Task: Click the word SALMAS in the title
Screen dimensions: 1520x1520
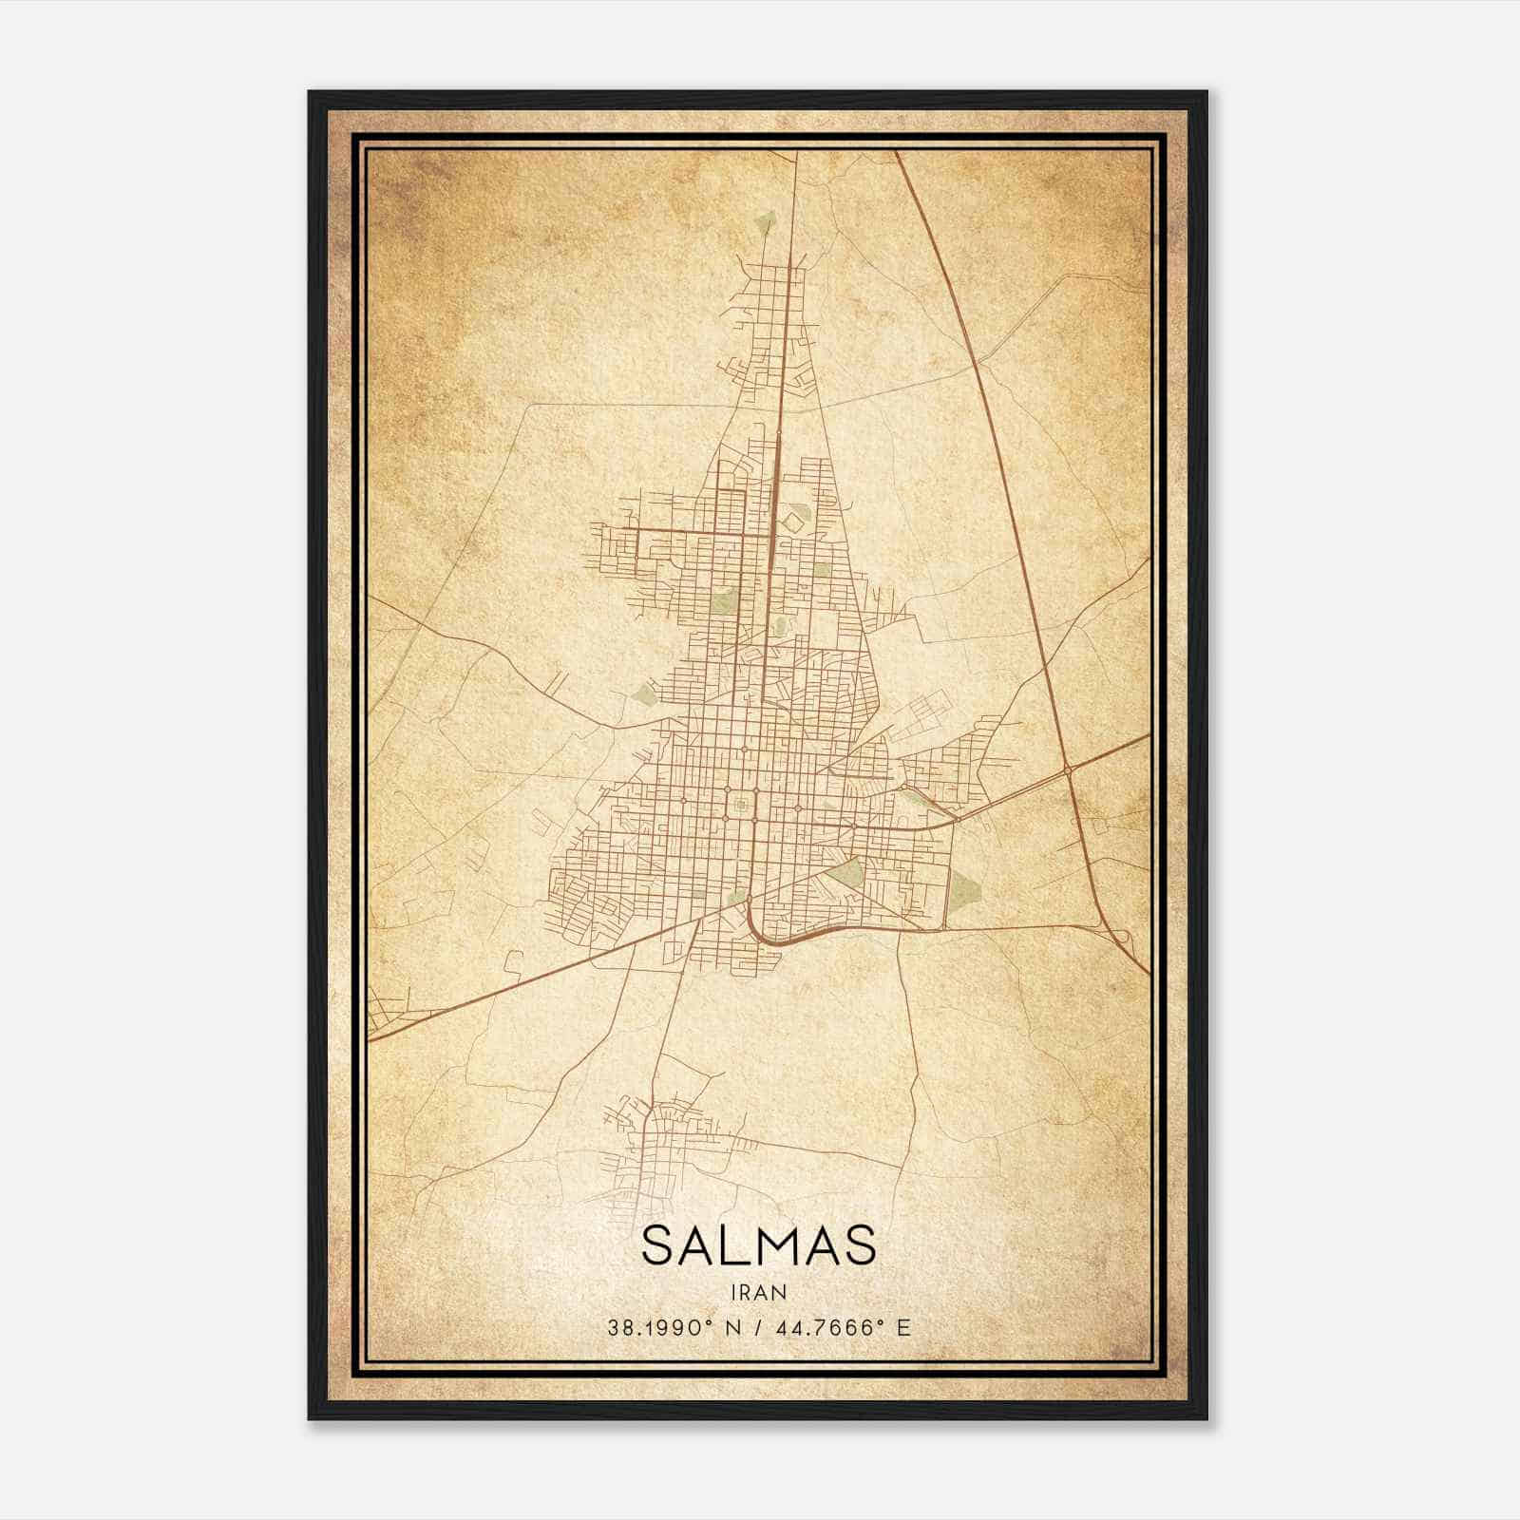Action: [758, 1245]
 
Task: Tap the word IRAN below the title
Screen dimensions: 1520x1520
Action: [758, 1292]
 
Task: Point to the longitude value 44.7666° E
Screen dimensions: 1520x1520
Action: [844, 1327]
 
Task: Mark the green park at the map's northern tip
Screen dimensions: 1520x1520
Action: [767, 224]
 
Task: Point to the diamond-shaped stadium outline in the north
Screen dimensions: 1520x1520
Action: [791, 520]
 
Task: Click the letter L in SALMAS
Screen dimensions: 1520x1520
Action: [723, 1245]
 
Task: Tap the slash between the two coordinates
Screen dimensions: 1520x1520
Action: [760, 1327]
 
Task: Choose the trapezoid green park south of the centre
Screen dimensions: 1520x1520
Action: [845, 874]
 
